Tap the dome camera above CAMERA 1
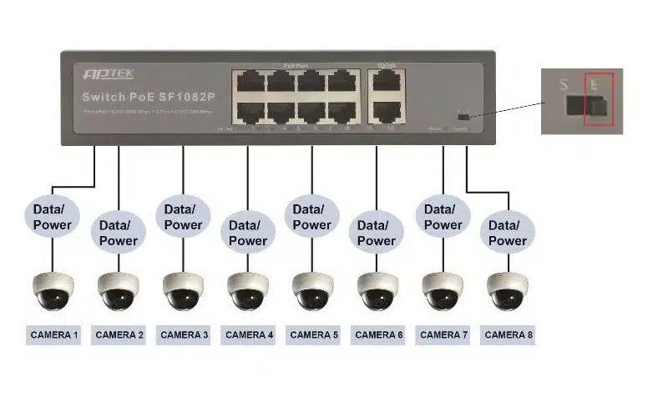[54, 291]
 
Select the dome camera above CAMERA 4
[248, 291]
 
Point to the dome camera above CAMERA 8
[508, 291]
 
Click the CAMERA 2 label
[119, 335]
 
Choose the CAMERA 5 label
[313, 335]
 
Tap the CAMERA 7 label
[443, 335]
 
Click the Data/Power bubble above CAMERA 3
[183, 217]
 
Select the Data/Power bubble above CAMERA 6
[377, 232]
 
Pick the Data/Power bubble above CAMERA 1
[53, 217]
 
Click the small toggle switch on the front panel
[463, 115]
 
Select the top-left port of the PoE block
[250, 82]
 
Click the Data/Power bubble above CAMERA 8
[507, 232]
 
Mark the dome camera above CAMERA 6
[378, 291]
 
